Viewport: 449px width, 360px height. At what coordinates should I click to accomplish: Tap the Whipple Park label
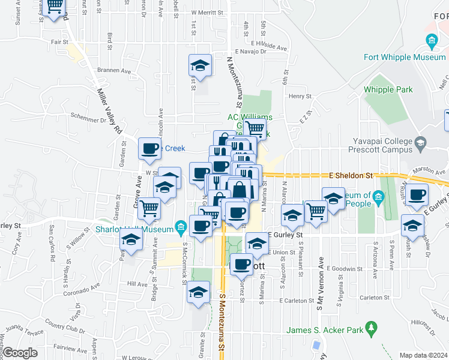pos(388,89)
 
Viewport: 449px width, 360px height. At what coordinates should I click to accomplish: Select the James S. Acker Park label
pos(325,329)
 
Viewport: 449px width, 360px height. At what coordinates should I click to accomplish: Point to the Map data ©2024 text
pos(423,355)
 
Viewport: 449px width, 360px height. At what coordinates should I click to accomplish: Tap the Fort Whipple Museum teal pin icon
pos(431,41)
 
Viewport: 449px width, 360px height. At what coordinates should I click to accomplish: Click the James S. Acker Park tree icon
pos(373,328)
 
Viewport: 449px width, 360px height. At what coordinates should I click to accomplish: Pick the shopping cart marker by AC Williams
pos(255,127)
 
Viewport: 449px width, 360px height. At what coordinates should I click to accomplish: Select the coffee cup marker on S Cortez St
pos(241,264)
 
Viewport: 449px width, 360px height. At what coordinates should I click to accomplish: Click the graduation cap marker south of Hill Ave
pos(198,292)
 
